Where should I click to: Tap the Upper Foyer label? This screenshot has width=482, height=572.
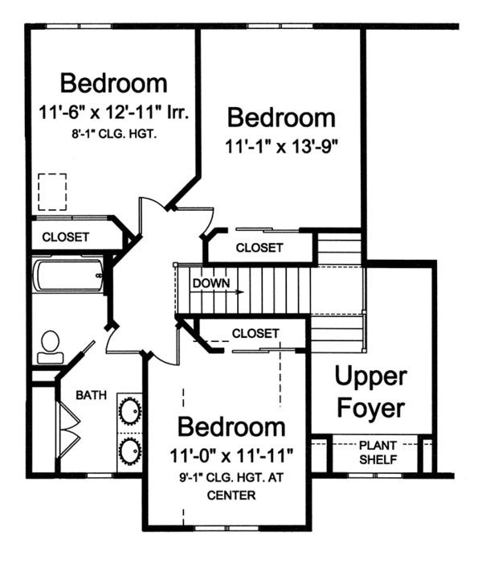pyautogui.click(x=370, y=392)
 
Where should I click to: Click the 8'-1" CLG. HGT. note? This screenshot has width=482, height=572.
pyautogui.click(x=112, y=135)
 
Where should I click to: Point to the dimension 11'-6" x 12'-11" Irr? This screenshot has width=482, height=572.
pyautogui.click(x=113, y=114)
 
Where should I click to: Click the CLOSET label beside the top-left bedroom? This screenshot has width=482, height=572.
pyautogui.click(x=65, y=237)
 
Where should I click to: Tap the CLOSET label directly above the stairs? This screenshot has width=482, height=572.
pyautogui.click(x=259, y=248)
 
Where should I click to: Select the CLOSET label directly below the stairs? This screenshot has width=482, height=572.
pyautogui.click(x=255, y=332)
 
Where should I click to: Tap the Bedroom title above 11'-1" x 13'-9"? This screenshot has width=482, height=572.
pyautogui.click(x=281, y=117)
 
